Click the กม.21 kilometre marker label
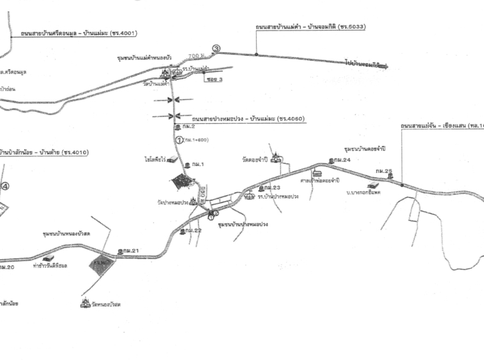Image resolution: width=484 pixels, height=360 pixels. pyautogui.click(x=130, y=251)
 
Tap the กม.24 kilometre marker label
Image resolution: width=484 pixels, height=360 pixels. pyautogui.click(x=342, y=160)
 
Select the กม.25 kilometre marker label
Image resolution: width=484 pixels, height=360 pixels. pyautogui.click(x=384, y=171)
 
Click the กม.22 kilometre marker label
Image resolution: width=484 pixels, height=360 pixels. pyautogui.click(x=193, y=230)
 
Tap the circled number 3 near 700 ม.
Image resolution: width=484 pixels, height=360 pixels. pyautogui.click(x=216, y=49)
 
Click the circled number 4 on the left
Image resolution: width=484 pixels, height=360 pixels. pyautogui.click(x=5, y=186)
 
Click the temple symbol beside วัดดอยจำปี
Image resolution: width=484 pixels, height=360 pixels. pyautogui.click(x=276, y=156)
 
